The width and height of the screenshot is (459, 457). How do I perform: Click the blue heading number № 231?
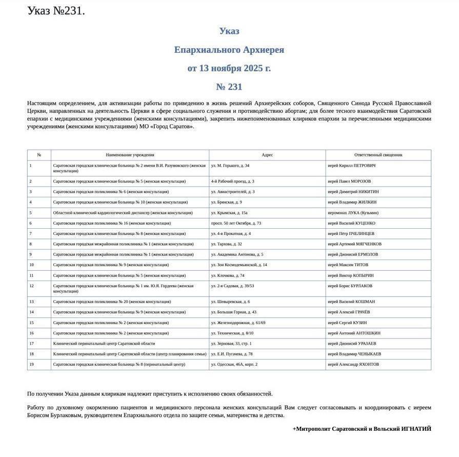[x=229, y=87]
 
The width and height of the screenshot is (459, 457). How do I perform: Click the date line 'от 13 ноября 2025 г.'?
[x=229, y=68]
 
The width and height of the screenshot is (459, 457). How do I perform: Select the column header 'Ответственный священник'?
[x=378, y=154]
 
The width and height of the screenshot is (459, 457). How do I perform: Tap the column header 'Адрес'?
[x=267, y=154]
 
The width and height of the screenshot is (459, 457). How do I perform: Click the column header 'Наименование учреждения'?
[x=130, y=154]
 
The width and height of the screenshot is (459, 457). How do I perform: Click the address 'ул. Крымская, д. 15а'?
[x=229, y=212]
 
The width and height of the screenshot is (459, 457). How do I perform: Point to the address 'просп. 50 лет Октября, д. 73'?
[x=236, y=223]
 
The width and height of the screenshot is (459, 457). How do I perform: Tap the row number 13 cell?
[x=31, y=302]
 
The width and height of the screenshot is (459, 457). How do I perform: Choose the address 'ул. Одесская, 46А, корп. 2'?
[x=234, y=364]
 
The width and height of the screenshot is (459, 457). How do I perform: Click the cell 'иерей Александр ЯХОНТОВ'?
[x=353, y=364]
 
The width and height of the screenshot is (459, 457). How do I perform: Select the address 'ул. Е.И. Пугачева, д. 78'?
[x=232, y=354]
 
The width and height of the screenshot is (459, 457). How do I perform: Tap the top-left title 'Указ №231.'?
[x=56, y=11]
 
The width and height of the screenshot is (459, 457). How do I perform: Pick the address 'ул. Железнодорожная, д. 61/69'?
[x=238, y=323]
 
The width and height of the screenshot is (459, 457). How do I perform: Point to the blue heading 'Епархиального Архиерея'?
[x=229, y=50]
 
